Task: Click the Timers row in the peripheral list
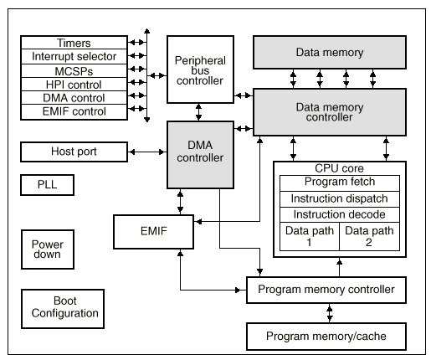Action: (x=74, y=43)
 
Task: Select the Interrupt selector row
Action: (x=74, y=56)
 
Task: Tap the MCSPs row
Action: (x=74, y=71)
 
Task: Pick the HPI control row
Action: (x=74, y=85)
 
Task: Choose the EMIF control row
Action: (x=74, y=112)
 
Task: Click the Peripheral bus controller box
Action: (x=200, y=69)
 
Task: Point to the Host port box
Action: (x=74, y=152)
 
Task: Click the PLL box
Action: (x=47, y=185)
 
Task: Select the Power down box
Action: (x=48, y=249)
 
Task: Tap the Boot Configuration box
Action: (x=63, y=309)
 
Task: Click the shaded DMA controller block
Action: (x=200, y=155)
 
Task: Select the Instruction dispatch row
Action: (x=340, y=199)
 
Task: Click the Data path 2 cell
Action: (x=369, y=236)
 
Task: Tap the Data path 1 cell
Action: (x=310, y=236)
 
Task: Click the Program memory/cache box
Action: (x=326, y=337)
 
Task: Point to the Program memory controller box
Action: (x=326, y=290)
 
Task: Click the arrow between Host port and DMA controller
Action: (x=147, y=152)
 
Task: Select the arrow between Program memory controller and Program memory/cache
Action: (x=330, y=313)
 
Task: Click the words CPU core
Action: (x=339, y=168)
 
